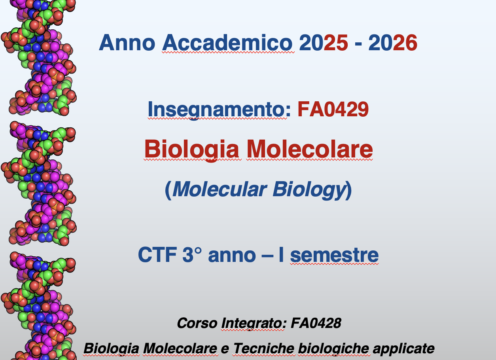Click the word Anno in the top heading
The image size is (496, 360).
click(127, 42)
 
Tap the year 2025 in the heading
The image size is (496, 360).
click(323, 42)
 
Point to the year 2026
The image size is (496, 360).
click(393, 42)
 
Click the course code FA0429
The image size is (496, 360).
click(333, 109)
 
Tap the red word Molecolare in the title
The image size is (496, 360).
click(310, 149)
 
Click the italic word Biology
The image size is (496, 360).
click(309, 190)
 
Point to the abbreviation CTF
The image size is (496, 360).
click(157, 255)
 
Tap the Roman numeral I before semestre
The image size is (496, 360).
click(281, 255)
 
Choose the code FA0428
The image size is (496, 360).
click(316, 323)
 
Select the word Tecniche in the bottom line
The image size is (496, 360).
click(263, 348)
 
